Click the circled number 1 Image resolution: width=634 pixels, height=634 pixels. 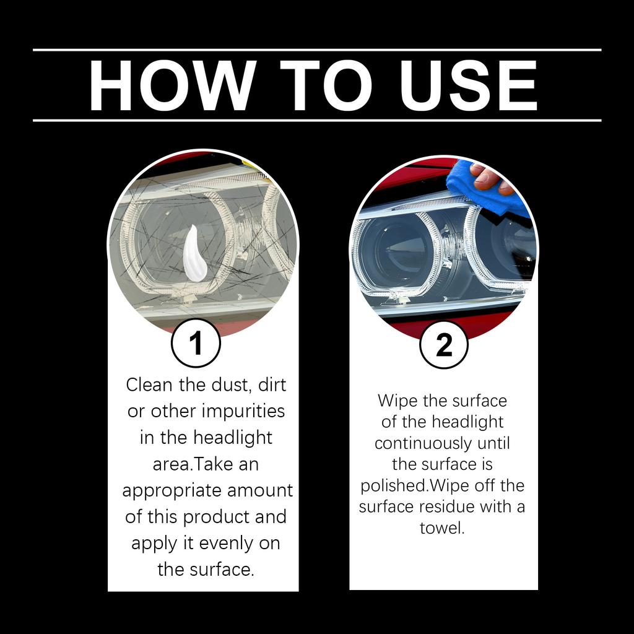[196, 344]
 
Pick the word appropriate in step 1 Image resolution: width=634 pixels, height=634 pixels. [171, 490]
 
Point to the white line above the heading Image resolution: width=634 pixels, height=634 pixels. [317, 50]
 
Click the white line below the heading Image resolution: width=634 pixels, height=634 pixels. [317, 120]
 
